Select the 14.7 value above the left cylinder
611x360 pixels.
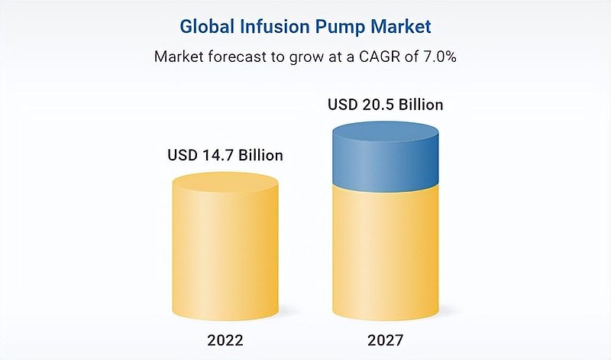[218, 155]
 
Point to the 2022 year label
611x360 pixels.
[225, 340]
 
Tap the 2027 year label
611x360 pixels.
[386, 340]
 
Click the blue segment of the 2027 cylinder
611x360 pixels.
[386, 156]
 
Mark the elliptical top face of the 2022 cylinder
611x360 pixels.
[225, 183]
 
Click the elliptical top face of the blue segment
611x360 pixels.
[386, 131]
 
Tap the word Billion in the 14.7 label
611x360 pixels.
[260, 155]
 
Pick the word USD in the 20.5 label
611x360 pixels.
[342, 105]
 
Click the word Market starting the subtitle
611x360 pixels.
[179, 57]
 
